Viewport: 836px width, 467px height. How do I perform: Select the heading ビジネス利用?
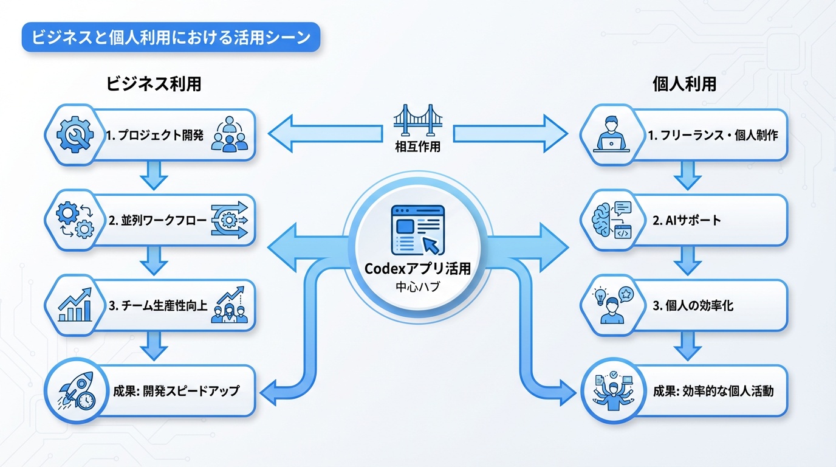[x=154, y=84]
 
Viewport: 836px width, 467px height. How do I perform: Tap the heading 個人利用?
[x=682, y=84]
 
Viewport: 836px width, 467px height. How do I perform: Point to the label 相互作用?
[x=417, y=147]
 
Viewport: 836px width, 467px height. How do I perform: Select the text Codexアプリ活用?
[x=417, y=269]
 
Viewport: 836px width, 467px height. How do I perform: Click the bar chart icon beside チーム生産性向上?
[x=74, y=306]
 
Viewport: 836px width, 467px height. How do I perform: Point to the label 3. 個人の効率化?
[x=693, y=306]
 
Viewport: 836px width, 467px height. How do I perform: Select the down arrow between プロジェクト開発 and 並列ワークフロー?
[x=154, y=176]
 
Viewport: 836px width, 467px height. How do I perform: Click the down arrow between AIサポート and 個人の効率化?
[x=687, y=261]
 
